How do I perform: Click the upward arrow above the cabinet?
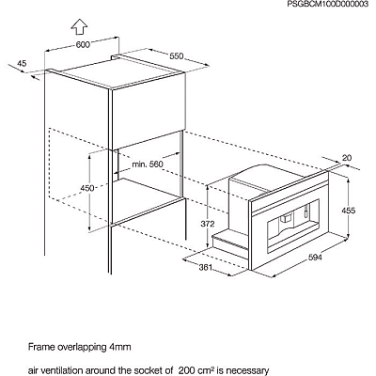pyautogui.click(x=79, y=26)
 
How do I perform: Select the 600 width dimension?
pyautogui.click(x=83, y=45)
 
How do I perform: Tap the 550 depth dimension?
pyautogui.click(x=176, y=56)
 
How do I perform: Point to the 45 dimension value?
pyautogui.click(x=22, y=63)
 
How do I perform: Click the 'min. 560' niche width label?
pyautogui.click(x=148, y=164)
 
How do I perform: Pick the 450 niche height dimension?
pyautogui.click(x=87, y=188)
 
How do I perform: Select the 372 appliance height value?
pyautogui.click(x=208, y=224)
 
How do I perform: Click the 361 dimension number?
pyautogui.click(x=206, y=268)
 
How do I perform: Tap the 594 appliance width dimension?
pyautogui.click(x=315, y=258)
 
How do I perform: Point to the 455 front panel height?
pyautogui.click(x=349, y=211)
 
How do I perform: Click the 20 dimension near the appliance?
pyautogui.click(x=347, y=158)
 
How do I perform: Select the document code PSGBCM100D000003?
pyautogui.click(x=328, y=5)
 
